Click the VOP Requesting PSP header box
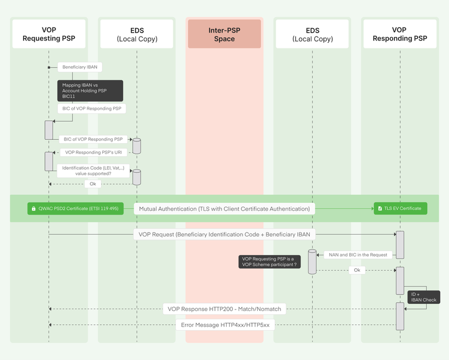(x=49, y=34)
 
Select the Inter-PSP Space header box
(x=224, y=34)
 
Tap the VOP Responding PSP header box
(x=399, y=34)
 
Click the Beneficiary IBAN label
(x=80, y=67)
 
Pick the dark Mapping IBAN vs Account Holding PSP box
(x=90, y=90)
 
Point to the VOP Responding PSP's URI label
(x=94, y=152)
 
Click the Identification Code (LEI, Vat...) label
(x=94, y=171)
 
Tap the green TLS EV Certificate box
(x=400, y=208)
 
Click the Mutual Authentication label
(x=224, y=208)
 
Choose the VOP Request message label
(x=224, y=234)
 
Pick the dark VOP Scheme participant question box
(x=269, y=261)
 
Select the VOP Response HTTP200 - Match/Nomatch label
(x=224, y=308)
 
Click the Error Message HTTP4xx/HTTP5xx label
(x=224, y=325)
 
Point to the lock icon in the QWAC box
(x=34, y=208)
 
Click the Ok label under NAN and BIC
(x=356, y=270)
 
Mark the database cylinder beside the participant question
(x=313, y=261)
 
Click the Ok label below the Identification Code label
(x=93, y=184)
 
